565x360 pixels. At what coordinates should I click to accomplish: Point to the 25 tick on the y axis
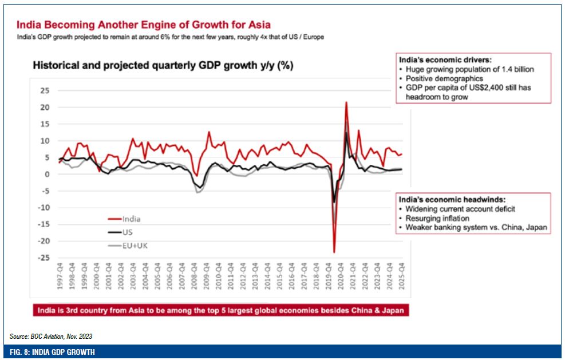point(44,90)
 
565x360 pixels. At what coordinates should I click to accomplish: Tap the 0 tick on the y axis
point(46,174)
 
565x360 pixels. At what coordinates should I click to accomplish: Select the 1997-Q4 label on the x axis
point(59,280)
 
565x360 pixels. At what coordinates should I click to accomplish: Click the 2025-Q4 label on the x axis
point(401,280)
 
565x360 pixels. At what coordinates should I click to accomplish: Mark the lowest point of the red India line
point(334,252)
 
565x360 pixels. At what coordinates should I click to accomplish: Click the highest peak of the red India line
point(346,102)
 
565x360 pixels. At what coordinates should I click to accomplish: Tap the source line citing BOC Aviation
point(51,336)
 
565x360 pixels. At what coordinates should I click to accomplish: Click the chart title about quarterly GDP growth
point(163,65)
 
